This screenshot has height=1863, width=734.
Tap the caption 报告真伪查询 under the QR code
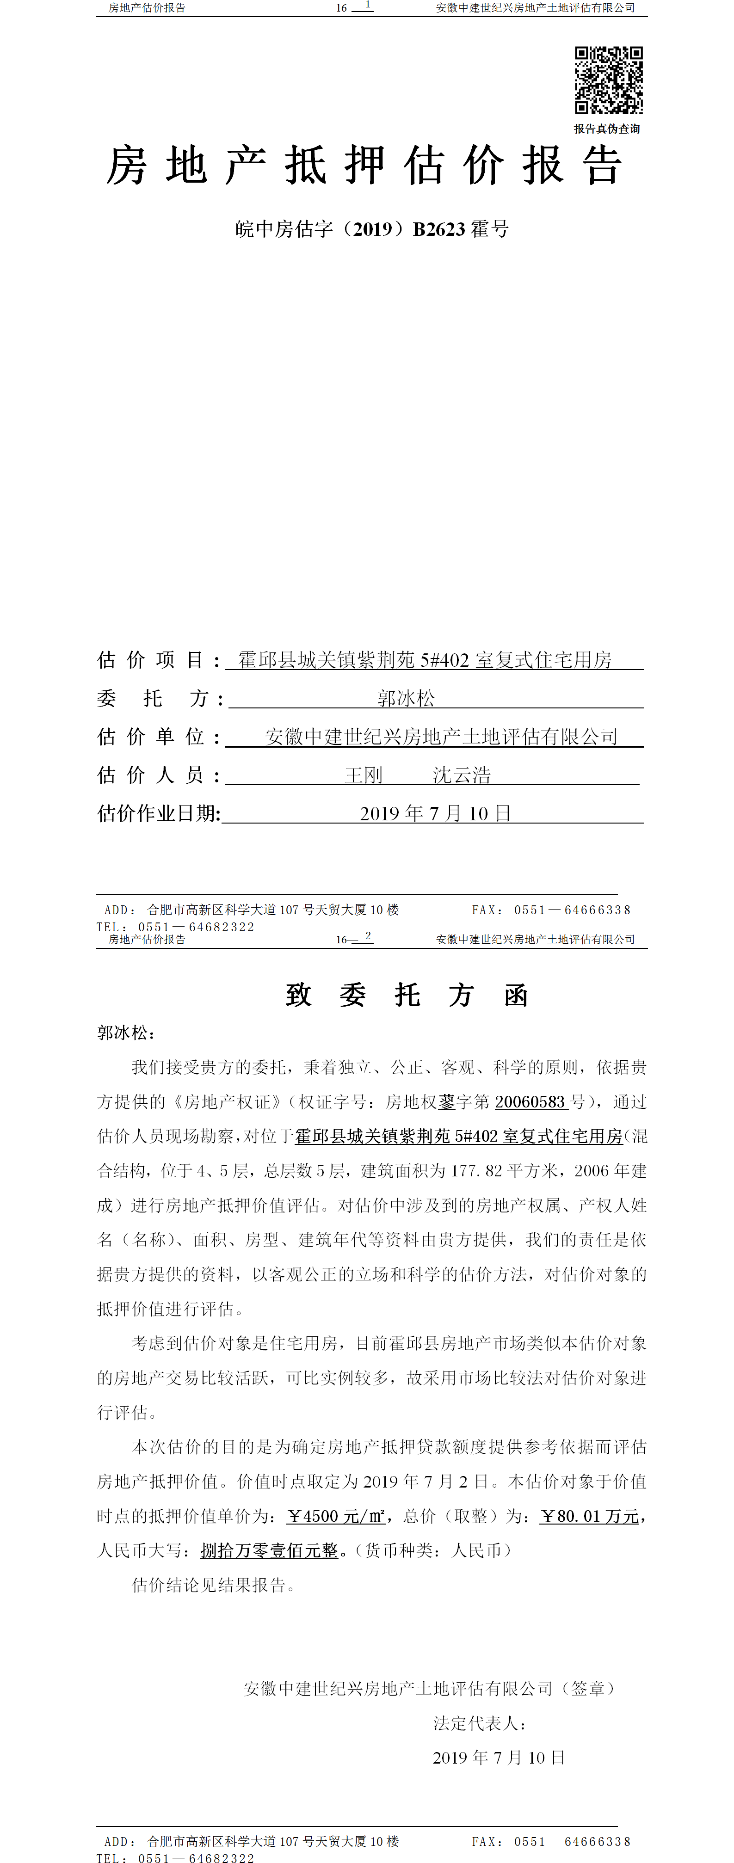click(607, 129)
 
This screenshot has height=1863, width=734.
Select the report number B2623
click(439, 229)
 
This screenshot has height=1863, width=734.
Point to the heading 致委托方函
click(407, 995)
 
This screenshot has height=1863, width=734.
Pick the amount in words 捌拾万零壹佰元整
click(269, 1550)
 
